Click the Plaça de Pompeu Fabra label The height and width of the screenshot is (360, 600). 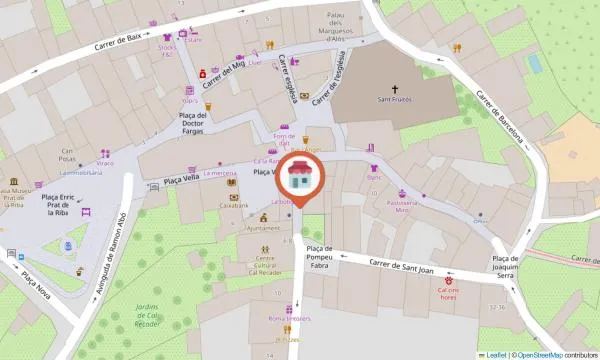click(319, 258)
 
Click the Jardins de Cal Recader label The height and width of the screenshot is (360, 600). click(148, 315)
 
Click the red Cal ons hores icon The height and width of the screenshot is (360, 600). click(449, 272)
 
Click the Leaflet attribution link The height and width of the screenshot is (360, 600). click(493, 354)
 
